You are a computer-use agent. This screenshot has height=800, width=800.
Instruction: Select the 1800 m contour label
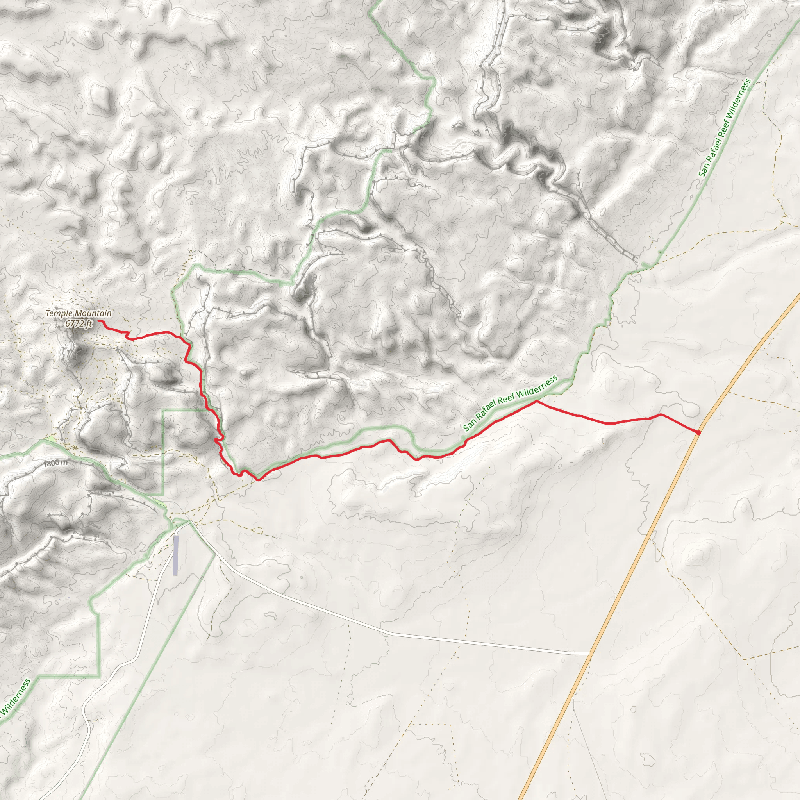pos(55,463)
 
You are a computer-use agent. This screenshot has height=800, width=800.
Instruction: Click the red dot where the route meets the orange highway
pos(698,433)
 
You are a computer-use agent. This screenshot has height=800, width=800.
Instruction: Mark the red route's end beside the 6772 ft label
pos(100,321)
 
